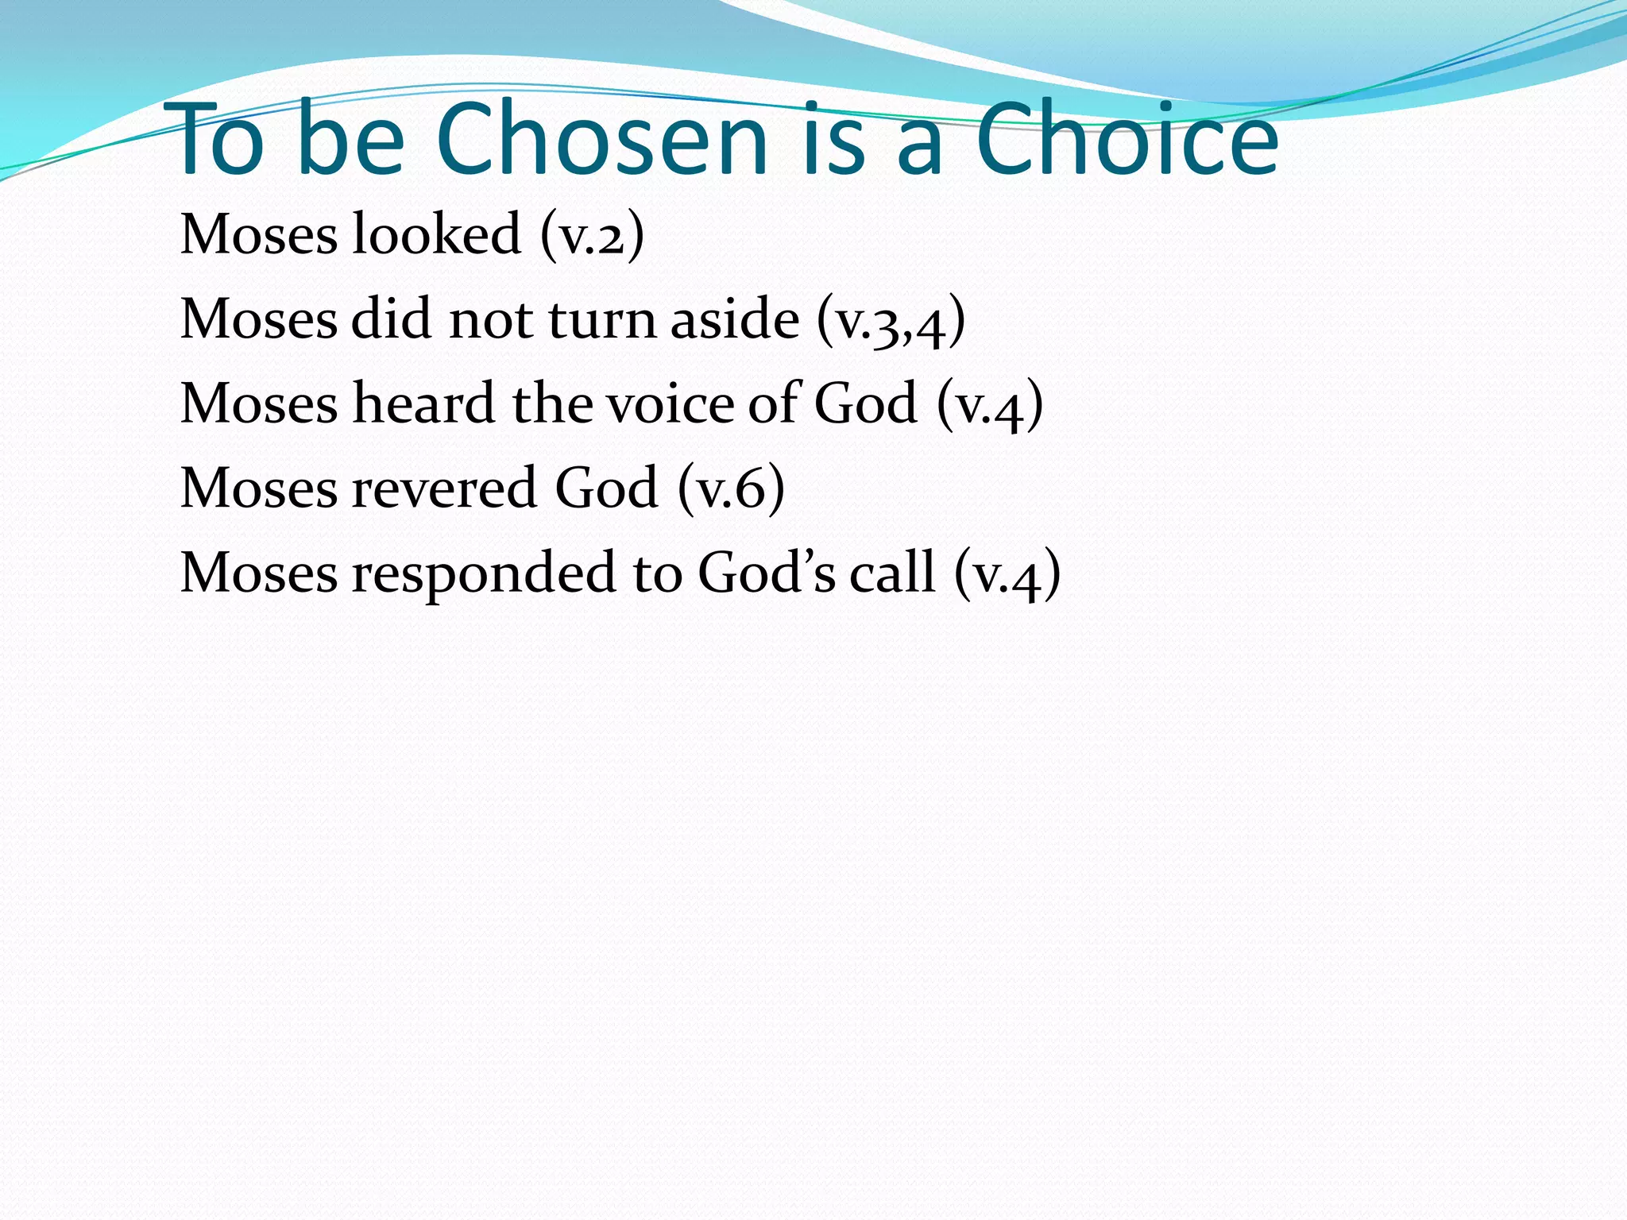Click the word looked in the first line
pyautogui.click(x=436, y=234)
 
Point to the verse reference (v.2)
pyautogui.click(x=591, y=236)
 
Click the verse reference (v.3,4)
pyautogui.click(x=890, y=321)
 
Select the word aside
pyautogui.click(x=734, y=319)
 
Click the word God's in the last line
pyautogui.click(x=766, y=572)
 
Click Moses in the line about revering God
pyautogui.click(x=259, y=488)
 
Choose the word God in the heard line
pyautogui.click(x=866, y=403)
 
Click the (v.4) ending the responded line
pyautogui.click(x=1007, y=573)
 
